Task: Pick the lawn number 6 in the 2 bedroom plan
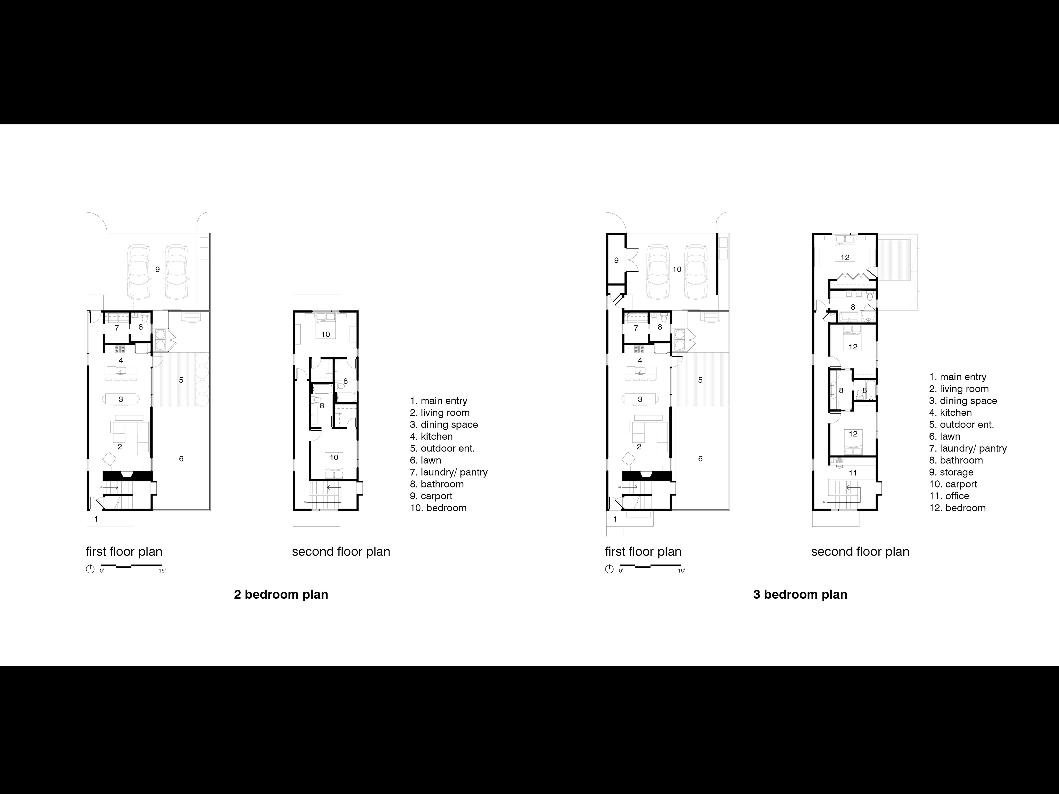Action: [x=181, y=458]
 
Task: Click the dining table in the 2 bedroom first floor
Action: [x=121, y=399]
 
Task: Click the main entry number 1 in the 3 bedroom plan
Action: [x=615, y=519]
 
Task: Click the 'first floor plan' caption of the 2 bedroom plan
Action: [x=124, y=552]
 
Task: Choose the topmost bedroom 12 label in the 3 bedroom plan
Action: [x=845, y=258]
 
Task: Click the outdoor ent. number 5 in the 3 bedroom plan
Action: [x=701, y=380]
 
